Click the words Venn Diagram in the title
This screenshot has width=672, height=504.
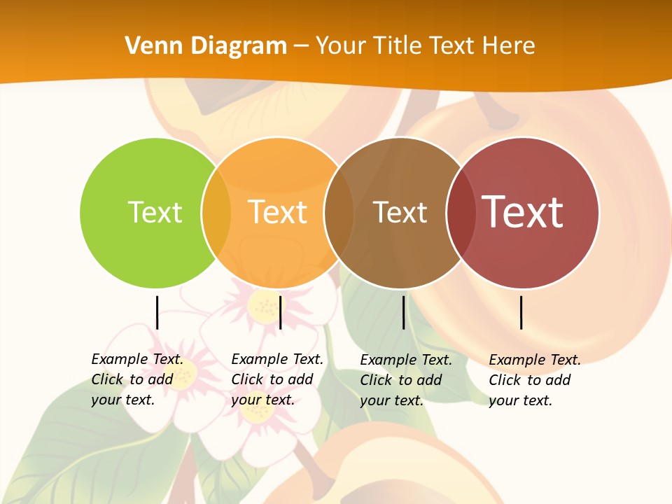(206, 46)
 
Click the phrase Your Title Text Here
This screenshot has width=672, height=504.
(426, 46)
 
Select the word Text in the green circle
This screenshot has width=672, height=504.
(155, 212)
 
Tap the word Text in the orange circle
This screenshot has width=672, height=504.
(278, 212)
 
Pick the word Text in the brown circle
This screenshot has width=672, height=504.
(400, 213)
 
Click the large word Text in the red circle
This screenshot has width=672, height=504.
(523, 212)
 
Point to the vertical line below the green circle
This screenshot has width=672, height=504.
(157, 312)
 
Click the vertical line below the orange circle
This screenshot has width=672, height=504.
(280, 312)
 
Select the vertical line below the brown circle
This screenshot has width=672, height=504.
(403, 312)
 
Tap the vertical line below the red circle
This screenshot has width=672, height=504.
(521, 312)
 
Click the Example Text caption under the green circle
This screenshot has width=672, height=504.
(137, 379)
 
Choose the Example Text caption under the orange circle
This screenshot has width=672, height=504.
(277, 379)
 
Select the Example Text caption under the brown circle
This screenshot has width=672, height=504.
(406, 380)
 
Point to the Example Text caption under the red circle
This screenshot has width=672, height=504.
(535, 380)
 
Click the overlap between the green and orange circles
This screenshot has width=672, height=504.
(216, 212)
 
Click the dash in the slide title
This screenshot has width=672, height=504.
(301, 47)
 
